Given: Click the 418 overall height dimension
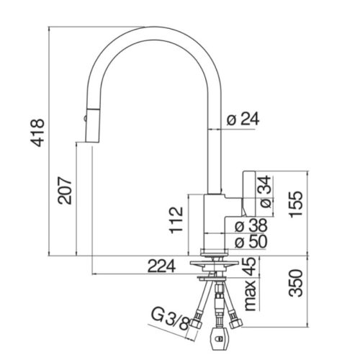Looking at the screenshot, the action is (37, 132).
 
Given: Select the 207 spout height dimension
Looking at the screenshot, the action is (65, 191).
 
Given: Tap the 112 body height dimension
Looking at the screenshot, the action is (176, 220).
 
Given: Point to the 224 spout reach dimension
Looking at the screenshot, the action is (161, 266).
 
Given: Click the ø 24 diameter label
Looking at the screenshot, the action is (243, 120).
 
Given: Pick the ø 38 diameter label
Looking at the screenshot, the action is (251, 225).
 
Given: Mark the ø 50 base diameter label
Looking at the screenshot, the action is (251, 241).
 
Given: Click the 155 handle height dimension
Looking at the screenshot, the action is (297, 204).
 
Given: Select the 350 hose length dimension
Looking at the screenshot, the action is (295, 283).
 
